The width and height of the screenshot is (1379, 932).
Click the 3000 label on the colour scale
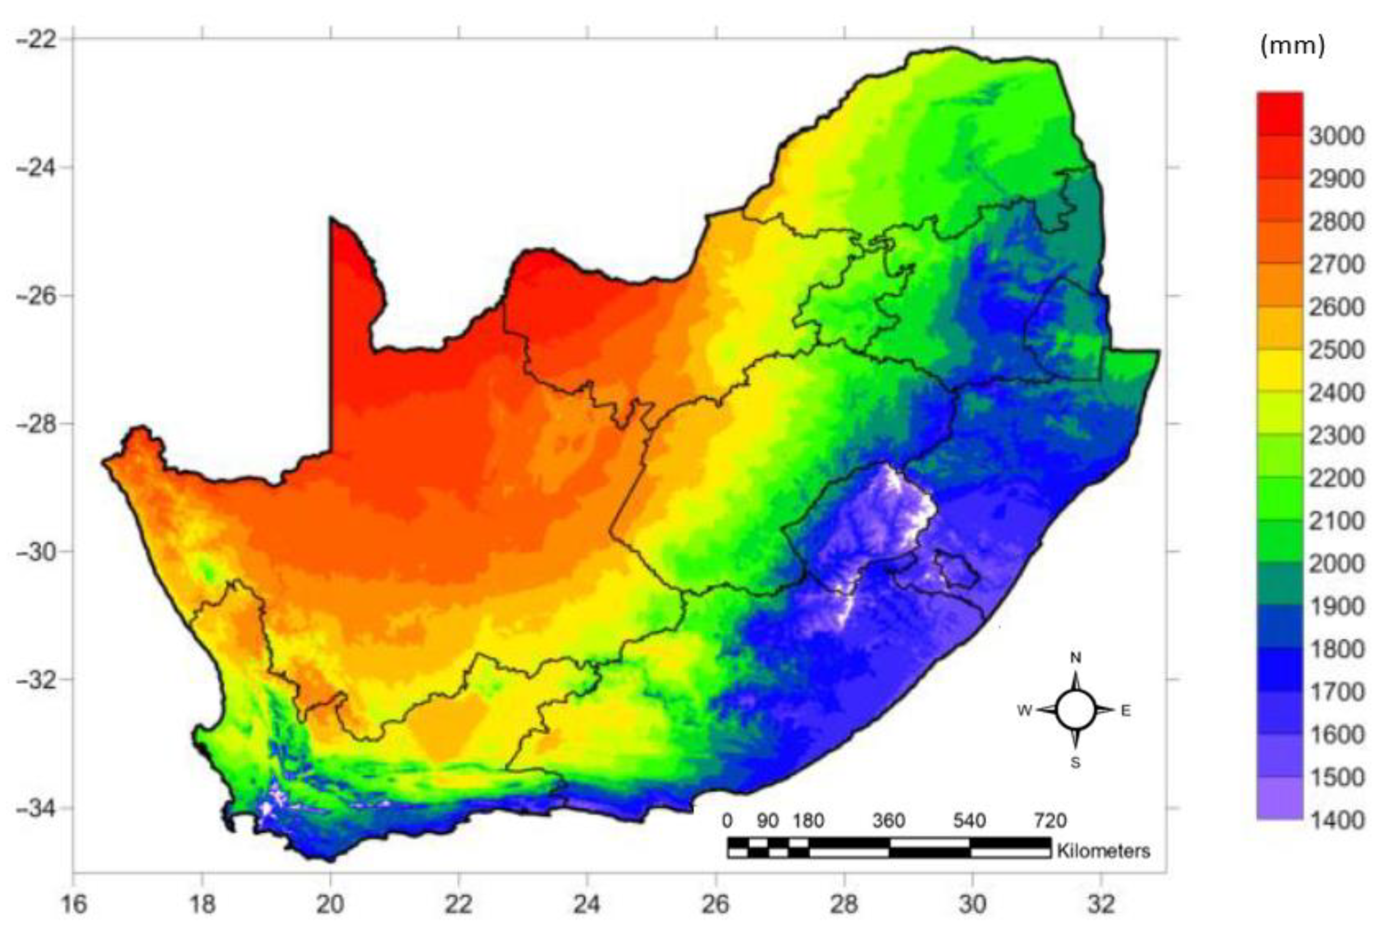[x=1337, y=136]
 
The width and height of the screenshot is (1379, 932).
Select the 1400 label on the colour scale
[x=1337, y=820]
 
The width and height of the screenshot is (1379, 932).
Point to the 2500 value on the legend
[x=1337, y=349]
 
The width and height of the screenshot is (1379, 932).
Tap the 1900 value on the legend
[x=1337, y=606]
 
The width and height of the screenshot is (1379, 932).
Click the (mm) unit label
[x=1292, y=47]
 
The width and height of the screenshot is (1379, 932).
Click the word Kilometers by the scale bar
[x=1103, y=851]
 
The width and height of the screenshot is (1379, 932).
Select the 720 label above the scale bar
[x=1050, y=821]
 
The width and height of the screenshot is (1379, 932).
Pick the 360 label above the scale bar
[x=889, y=821]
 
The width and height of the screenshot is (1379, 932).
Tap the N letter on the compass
[x=1075, y=658]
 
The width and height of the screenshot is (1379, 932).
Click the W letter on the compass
[x=1025, y=711]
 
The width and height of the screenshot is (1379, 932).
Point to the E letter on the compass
[x=1125, y=711]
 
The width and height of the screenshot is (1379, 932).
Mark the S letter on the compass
[x=1075, y=764]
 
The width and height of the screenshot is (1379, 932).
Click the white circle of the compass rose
[x=1075, y=710]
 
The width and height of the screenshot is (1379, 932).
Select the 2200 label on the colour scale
[x=1337, y=478]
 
